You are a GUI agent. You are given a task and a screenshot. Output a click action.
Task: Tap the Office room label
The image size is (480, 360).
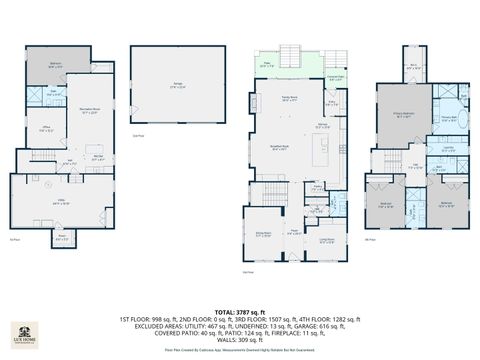tap(46, 129)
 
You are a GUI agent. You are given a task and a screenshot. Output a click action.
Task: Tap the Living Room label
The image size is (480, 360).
tap(325, 239)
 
